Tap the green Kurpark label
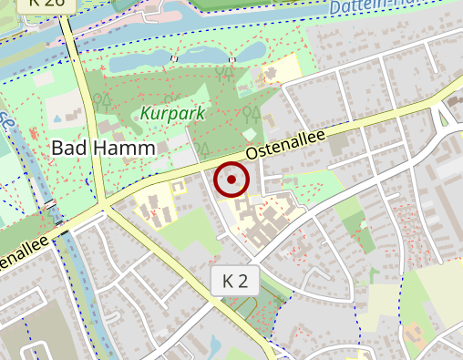pyautogui.click(x=172, y=114)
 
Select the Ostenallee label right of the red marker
pyautogui.click(x=287, y=141)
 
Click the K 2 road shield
pyautogui.click(x=234, y=281)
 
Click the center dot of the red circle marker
pyautogui.click(x=231, y=180)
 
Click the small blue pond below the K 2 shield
pyautogui.click(x=215, y=345)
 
